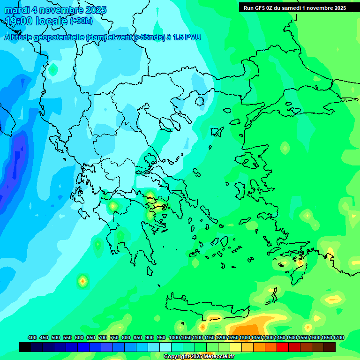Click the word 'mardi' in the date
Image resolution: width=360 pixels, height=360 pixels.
coord(17,10)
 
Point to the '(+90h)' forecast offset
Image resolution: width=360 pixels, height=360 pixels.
coord(81,21)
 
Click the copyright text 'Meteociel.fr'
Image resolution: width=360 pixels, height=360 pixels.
coord(217,357)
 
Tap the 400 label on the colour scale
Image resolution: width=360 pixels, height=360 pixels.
coord(32,337)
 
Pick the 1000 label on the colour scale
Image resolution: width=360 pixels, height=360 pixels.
coord(174,337)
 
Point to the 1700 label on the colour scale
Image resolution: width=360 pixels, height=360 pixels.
coord(338,337)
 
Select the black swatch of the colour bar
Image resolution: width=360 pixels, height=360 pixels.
coord(25,347)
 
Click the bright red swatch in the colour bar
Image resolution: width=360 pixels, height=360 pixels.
coord(283,347)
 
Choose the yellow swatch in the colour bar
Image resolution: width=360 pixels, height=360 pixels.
coord(236,347)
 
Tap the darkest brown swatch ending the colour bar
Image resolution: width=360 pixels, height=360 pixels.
coord(330,347)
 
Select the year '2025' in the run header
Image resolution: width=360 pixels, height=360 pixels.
coord(337,8)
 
